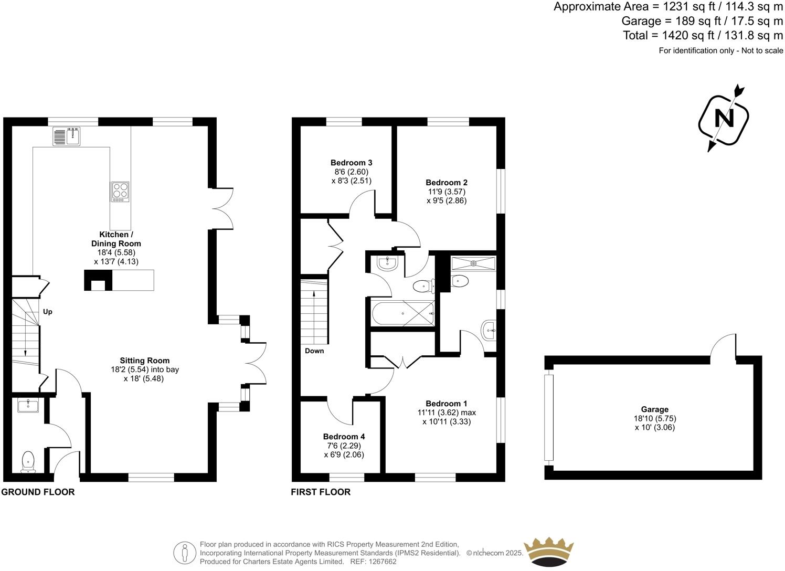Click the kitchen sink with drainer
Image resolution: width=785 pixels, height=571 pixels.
[66, 136]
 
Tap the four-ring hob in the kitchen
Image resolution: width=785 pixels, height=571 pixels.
[120, 192]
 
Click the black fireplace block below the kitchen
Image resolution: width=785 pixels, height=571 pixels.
[98, 280]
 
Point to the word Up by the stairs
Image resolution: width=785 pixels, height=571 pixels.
[48, 312]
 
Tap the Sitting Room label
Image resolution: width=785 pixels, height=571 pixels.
[144, 361]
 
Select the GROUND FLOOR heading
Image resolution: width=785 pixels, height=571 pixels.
[38, 492]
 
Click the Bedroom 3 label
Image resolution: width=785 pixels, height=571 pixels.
[351, 163]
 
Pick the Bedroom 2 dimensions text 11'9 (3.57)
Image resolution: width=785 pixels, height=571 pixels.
[446, 192]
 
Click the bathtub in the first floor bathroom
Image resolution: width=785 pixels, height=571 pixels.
[403, 314]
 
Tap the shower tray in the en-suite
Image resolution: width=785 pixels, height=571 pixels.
[473, 263]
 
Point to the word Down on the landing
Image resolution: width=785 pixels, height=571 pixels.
[314, 351]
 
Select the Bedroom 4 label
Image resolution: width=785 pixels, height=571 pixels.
[344, 437]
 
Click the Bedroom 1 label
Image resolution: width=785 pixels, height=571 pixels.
[446, 404]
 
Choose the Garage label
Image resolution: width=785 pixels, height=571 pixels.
[654, 409]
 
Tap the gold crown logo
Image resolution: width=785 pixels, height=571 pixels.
[551, 552]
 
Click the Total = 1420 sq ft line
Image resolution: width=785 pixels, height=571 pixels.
[703, 36]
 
